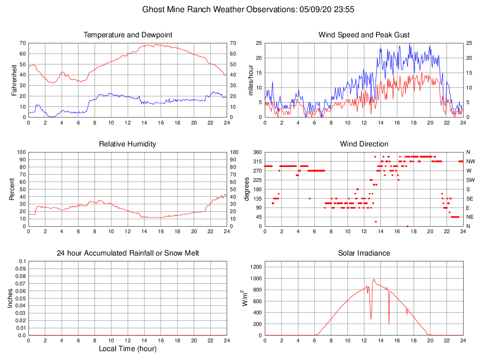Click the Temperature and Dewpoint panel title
[x=128, y=35]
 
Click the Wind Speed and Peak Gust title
[x=364, y=35]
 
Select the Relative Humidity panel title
[x=127, y=144]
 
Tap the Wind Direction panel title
[x=364, y=144]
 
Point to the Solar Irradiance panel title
[x=364, y=253]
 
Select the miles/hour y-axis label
[x=250, y=80]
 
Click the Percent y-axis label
[x=12, y=189]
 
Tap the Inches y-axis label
[x=10, y=298]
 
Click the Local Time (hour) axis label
[x=127, y=349]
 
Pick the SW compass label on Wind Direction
[x=471, y=180]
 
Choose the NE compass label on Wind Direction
[x=470, y=217]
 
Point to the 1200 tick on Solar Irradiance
[x=254, y=267]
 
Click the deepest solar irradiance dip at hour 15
[x=389, y=323]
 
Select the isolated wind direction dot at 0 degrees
[x=407, y=226]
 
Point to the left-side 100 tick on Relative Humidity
[x=21, y=152]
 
